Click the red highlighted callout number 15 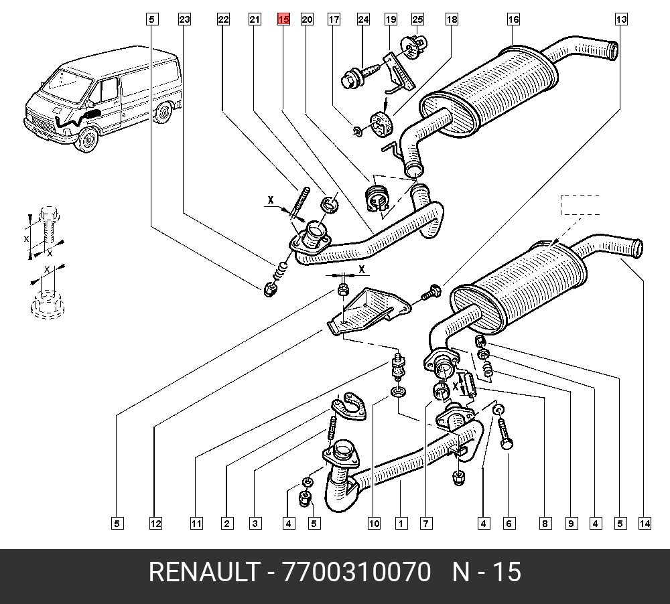click(x=283, y=20)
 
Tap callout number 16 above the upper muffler click(x=513, y=20)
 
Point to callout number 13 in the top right click(x=621, y=20)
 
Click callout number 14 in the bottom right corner click(x=645, y=524)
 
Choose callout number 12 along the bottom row click(x=155, y=524)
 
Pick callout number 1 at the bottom click(x=401, y=524)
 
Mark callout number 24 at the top click(x=363, y=20)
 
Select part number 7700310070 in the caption click(x=357, y=573)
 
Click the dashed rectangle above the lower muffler click(x=580, y=205)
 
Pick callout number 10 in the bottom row click(x=373, y=524)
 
